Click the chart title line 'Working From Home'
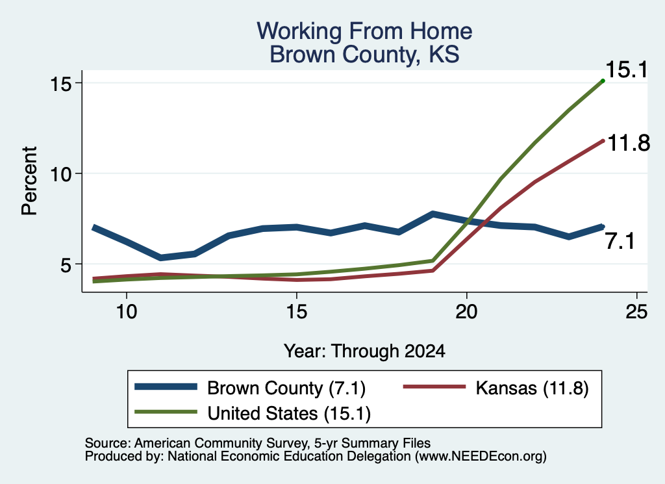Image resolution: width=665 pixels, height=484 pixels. click(364, 31)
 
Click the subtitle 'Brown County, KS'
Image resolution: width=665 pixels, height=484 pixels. click(364, 55)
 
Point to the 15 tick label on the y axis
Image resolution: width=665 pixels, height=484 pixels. click(60, 84)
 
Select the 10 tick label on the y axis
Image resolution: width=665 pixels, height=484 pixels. click(60, 174)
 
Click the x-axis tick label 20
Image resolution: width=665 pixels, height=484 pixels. click(466, 312)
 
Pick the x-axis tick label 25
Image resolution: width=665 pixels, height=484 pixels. click(636, 312)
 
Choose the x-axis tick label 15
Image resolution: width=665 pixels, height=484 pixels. click(296, 312)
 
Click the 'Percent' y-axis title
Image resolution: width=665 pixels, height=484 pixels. click(29, 181)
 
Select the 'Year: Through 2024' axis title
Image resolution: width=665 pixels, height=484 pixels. click(364, 351)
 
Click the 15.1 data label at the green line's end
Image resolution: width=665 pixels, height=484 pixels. click(627, 70)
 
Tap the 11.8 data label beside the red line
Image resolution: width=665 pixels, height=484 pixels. click(629, 143)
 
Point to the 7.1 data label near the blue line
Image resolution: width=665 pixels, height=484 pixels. click(620, 242)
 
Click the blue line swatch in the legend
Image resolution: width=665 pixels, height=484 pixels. click(166, 387)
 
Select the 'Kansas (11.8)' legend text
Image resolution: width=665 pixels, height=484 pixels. click(533, 388)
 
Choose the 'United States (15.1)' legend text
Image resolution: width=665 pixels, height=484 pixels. click(289, 413)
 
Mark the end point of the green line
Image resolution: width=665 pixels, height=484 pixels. click(603, 81)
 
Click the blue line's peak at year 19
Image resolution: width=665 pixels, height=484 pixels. click(433, 214)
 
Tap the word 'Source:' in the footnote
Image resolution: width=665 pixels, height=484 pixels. click(108, 443)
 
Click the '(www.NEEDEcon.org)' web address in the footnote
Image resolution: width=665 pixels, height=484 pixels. click(481, 457)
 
